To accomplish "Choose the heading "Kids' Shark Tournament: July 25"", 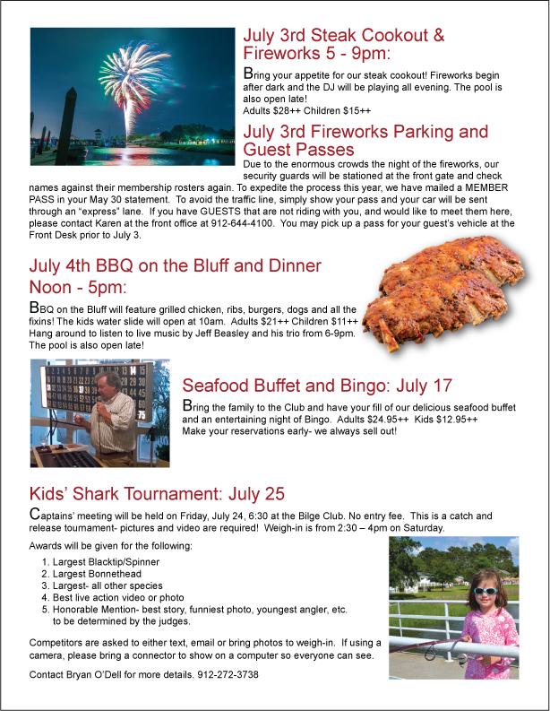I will coord(157,494).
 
